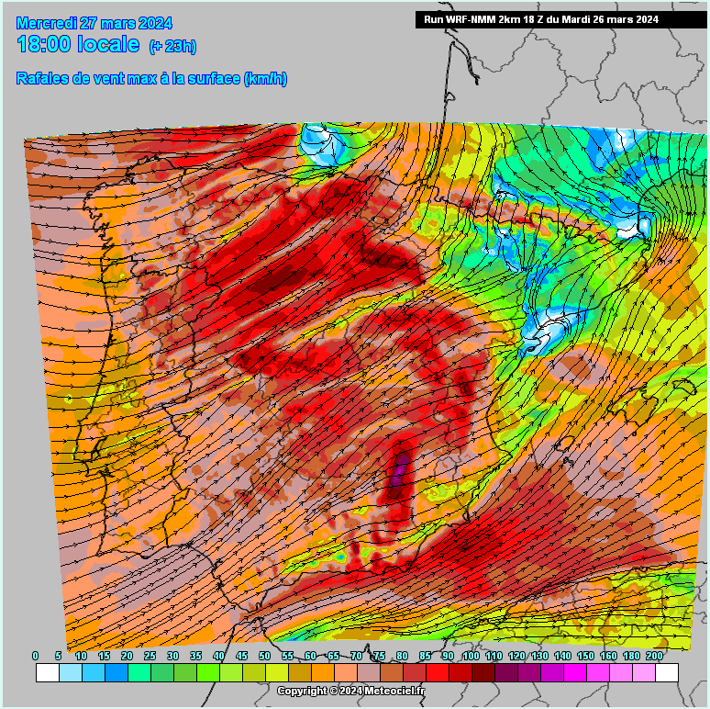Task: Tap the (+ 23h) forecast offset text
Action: tap(172, 46)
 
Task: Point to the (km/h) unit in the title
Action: tap(265, 79)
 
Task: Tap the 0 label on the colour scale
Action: tap(36, 656)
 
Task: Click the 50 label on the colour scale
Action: tap(265, 656)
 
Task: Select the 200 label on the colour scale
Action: tap(654, 656)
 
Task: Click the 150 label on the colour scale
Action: tap(585, 656)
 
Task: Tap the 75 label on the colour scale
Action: tap(379, 656)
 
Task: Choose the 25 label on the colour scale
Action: tap(150, 656)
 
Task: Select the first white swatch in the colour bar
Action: tap(48, 672)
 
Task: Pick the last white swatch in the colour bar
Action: tap(666, 672)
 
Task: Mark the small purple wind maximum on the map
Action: tap(398, 476)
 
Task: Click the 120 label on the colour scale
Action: tap(516, 656)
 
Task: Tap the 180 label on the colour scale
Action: tap(631, 656)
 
